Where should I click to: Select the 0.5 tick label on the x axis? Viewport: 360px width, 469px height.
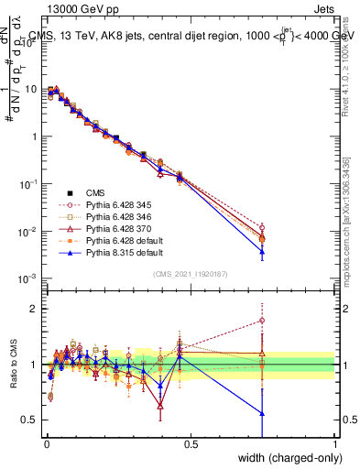[191, 443]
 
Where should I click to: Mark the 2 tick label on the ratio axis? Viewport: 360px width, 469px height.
[32, 309]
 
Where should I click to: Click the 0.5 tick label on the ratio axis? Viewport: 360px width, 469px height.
[27, 420]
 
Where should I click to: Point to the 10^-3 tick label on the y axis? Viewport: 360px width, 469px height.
[26, 278]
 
